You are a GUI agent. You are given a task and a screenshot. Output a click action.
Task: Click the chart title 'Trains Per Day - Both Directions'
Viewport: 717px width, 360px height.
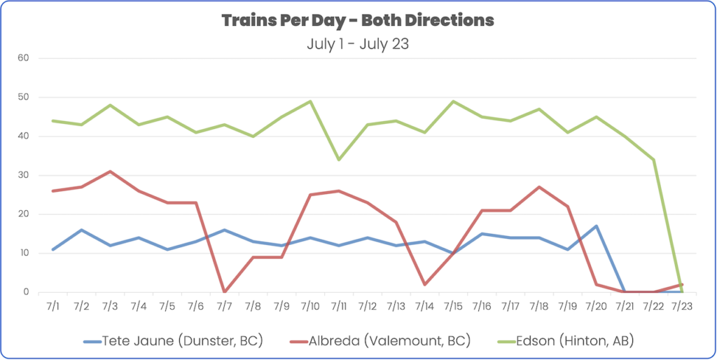click(358, 20)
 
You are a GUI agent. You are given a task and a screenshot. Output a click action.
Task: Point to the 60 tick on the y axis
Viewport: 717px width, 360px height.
click(23, 58)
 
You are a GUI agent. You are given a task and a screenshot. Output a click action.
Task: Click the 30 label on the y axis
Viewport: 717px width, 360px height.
click(23, 175)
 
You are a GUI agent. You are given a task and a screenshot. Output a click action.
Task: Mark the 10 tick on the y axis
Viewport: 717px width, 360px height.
click(23, 253)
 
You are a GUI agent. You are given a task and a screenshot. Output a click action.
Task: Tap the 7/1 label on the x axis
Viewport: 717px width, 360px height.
click(53, 306)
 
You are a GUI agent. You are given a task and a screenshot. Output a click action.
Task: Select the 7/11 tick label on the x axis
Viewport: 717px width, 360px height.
click(339, 306)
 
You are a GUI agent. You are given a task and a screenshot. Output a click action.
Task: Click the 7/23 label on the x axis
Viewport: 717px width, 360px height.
click(681, 306)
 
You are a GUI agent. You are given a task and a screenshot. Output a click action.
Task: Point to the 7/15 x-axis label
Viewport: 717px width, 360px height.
click(453, 306)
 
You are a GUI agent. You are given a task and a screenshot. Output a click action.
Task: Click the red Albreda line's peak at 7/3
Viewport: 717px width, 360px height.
click(111, 172)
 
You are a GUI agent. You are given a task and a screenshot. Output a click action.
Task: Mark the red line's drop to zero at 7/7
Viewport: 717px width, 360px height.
click(225, 291)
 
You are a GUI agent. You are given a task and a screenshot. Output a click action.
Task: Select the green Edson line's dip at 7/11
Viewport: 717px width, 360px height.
click(339, 160)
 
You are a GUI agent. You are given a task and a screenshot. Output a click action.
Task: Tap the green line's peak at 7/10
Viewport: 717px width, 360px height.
click(310, 102)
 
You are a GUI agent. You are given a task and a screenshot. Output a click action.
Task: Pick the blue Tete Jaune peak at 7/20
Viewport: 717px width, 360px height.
click(596, 226)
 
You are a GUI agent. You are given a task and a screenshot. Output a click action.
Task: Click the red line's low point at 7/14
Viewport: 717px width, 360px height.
click(424, 284)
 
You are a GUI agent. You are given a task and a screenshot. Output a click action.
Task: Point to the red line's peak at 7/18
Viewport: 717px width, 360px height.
click(538, 187)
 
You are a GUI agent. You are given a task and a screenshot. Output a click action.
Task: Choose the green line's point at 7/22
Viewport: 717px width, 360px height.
click(653, 160)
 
